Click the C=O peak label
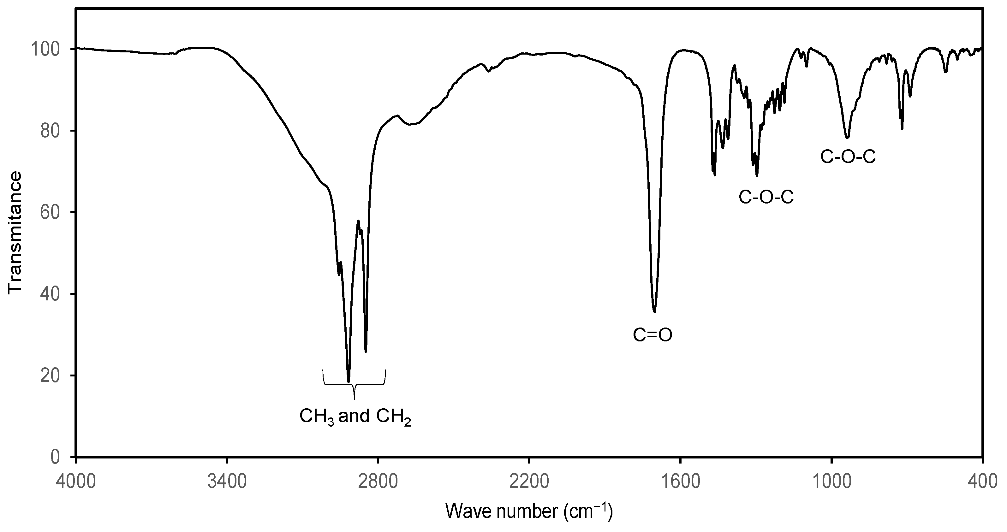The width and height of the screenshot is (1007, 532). tap(652, 335)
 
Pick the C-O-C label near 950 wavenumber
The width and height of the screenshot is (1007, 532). tap(848, 157)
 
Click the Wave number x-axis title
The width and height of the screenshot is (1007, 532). tap(529, 512)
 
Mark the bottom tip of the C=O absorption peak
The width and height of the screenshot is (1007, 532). tap(654, 311)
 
